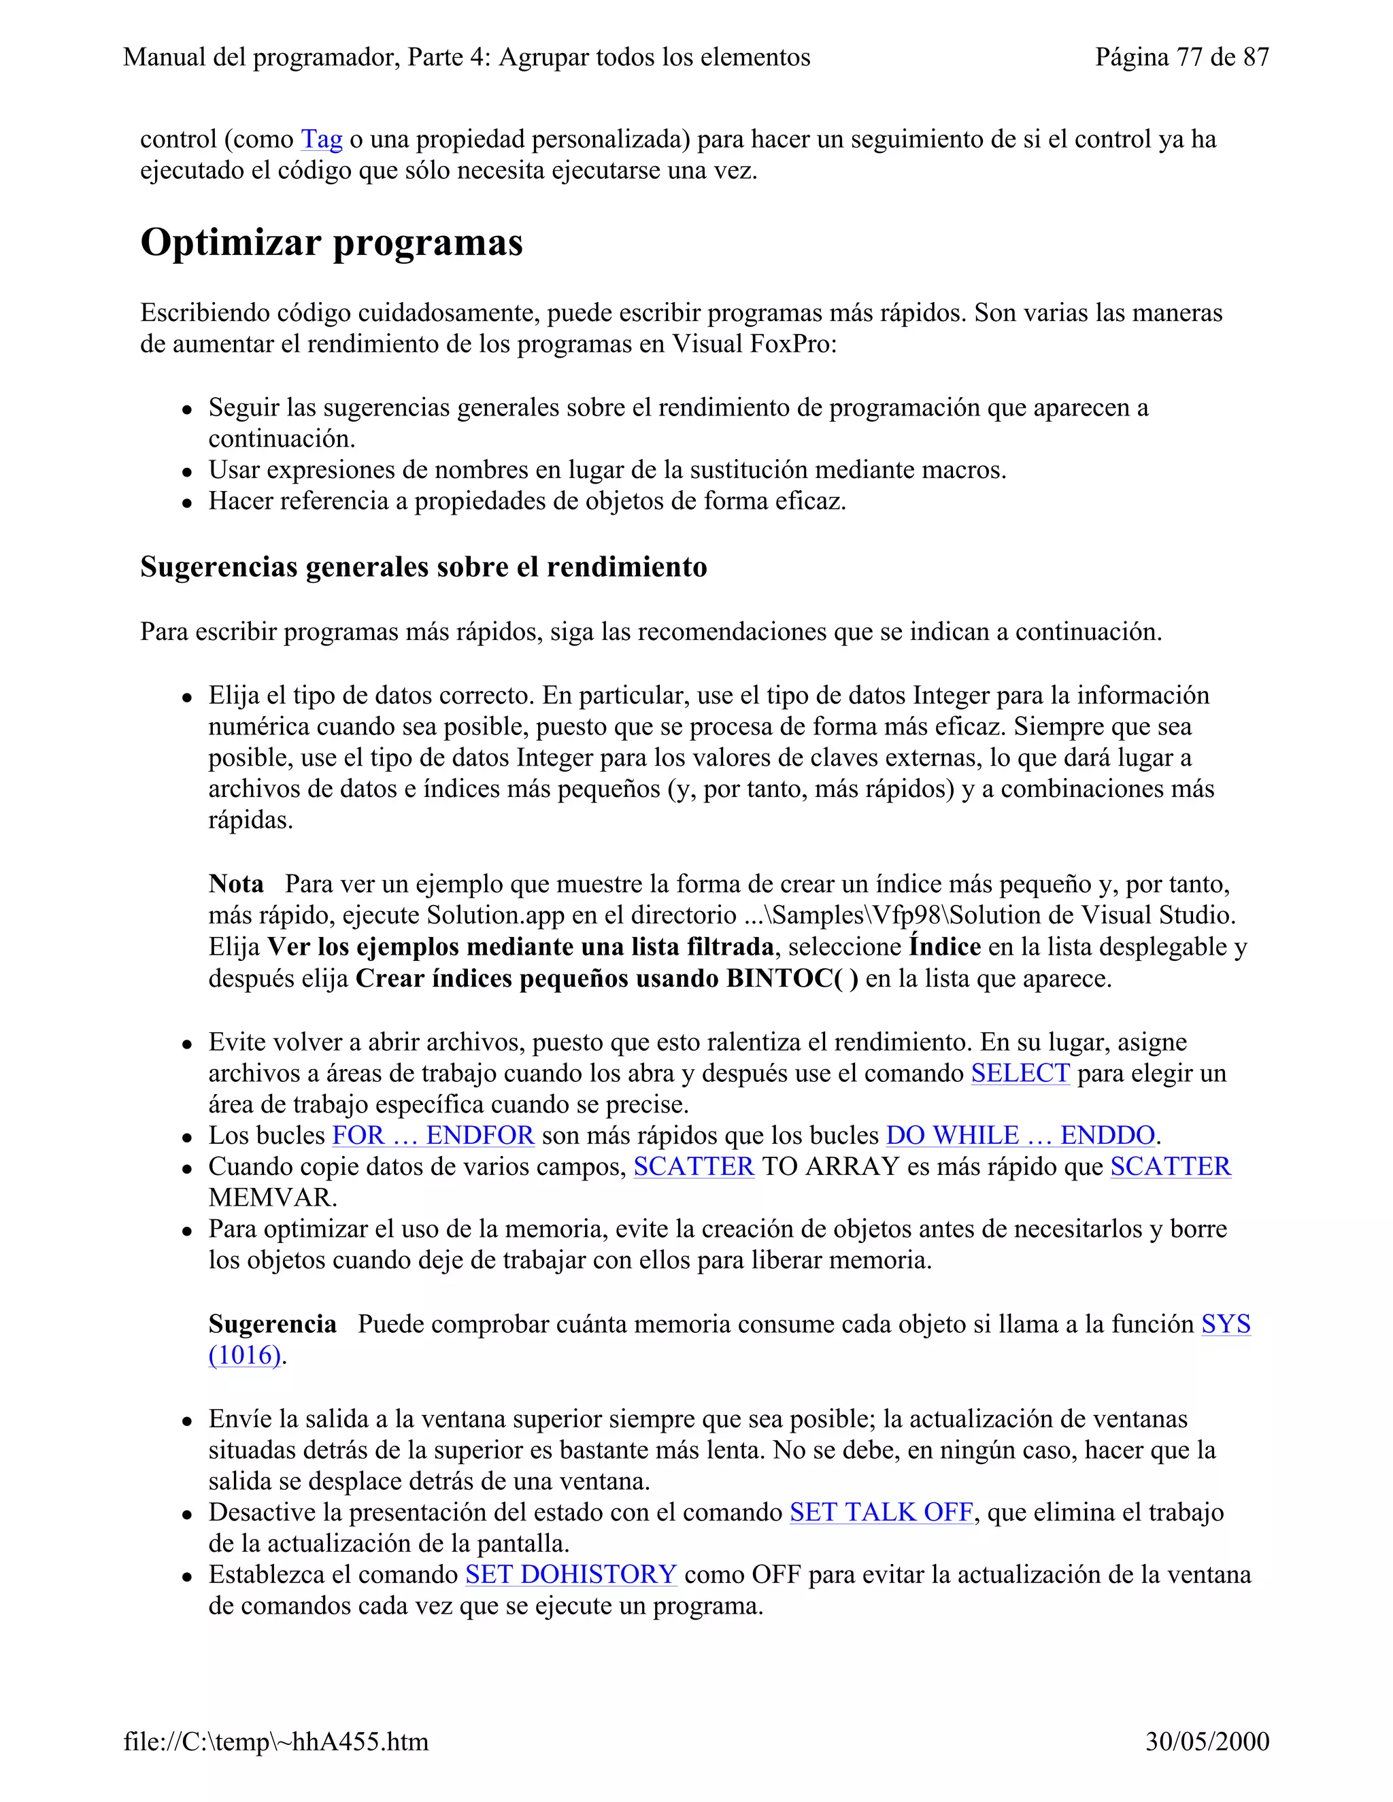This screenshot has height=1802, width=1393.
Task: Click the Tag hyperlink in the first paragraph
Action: (x=321, y=139)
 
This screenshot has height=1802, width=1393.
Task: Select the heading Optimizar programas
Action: (x=331, y=243)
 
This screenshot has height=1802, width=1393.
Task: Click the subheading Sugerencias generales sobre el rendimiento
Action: (x=423, y=568)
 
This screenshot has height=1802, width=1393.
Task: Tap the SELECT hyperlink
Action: (x=1020, y=1074)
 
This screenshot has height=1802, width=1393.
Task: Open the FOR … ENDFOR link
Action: (x=433, y=1136)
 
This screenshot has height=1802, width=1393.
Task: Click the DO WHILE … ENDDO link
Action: (x=1020, y=1136)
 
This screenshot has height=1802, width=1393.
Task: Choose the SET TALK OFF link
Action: (x=881, y=1512)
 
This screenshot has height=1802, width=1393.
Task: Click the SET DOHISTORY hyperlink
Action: (x=571, y=1575)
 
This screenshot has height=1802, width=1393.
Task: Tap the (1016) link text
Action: (x=245, y=1356)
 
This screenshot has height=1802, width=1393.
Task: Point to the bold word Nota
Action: (x=236, y=885)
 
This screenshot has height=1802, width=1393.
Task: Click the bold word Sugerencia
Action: (x=272, y=1324)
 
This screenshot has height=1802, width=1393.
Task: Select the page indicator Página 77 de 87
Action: (x=1181, y=57)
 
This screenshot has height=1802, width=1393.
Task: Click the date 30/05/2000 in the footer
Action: (x=1207, y=1741)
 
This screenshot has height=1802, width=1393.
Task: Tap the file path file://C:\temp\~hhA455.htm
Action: (x=275, y=1741)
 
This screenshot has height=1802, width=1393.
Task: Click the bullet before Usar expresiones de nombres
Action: (x=188, y=472)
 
